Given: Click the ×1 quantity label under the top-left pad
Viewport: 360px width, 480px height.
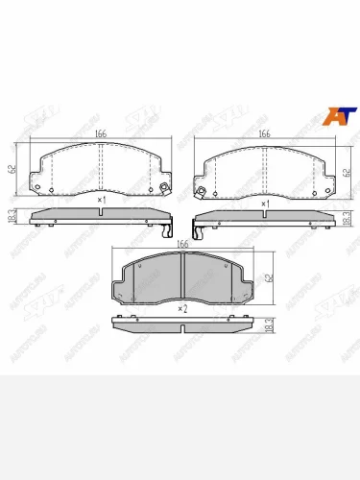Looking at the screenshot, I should click(101, 200).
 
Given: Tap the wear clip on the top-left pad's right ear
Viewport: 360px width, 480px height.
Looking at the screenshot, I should click(165, 186).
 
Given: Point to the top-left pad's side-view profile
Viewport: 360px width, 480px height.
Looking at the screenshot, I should click(101, 218).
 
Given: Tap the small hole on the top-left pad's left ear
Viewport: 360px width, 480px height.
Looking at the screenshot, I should click(37, 186).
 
